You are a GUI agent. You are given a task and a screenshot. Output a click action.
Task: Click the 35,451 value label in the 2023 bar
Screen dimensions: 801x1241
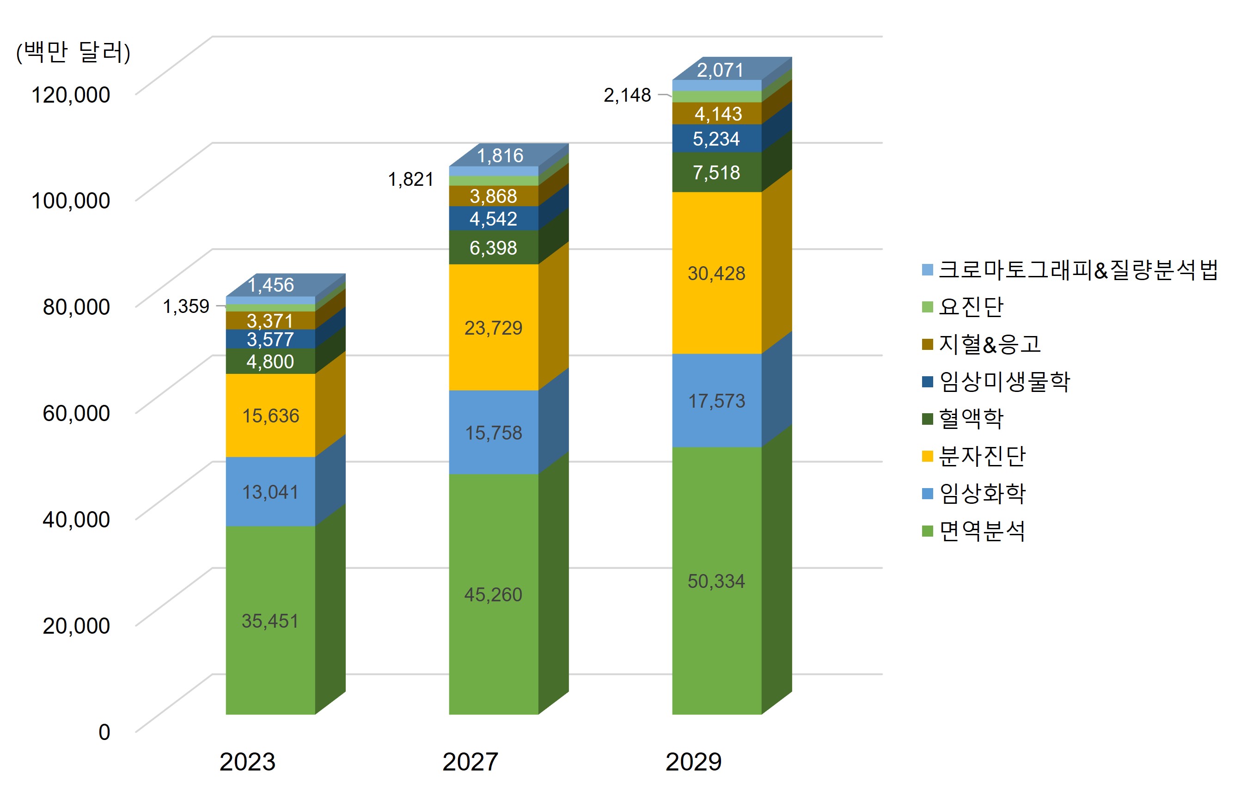tap(270, 621)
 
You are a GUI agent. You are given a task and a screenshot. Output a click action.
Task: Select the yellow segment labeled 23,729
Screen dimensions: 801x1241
tap(493, 328)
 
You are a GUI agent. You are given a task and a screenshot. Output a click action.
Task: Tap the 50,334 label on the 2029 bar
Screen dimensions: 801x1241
tap(716, 581)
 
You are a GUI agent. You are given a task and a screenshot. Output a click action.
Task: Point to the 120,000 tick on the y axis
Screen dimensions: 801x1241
tap(71, 95)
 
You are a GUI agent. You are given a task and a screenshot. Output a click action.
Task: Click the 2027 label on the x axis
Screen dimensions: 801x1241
tap(470, 762)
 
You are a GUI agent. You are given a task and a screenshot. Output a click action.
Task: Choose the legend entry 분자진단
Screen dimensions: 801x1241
tap(982, 456)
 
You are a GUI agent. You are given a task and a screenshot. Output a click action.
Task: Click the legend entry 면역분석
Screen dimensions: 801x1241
tap(982, 531)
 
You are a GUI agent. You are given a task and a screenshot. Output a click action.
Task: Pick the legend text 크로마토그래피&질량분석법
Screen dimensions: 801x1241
tap(1078, 269)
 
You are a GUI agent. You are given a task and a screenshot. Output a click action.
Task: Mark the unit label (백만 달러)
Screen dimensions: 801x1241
tap(73, 52)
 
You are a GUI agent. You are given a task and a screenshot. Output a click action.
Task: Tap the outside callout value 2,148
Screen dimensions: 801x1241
tap(627, 95)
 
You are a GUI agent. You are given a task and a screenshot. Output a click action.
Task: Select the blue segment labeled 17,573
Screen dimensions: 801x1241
tap(716, 401)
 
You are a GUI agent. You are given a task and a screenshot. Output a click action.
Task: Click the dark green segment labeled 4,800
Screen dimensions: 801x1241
tap(270, 361)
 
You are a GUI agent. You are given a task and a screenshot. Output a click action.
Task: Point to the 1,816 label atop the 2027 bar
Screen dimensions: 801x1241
tap(500, 155)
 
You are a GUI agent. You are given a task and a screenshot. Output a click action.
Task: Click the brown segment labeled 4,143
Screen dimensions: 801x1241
tap(718, 114)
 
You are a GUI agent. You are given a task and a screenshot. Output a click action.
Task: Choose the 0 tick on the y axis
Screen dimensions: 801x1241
tap(104, 732)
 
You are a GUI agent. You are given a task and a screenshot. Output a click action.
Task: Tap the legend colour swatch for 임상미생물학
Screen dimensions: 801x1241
tap(927, 382)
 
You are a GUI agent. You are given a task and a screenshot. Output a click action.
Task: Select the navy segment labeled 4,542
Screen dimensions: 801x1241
tap(493, 219)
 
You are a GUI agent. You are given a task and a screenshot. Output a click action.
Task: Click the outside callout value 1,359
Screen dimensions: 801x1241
tap(186, 306)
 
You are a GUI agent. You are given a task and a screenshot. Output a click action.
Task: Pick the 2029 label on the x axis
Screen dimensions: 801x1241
tap(693, 762)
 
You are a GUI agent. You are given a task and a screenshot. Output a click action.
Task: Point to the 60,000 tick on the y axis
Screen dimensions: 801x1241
tap(76, 413)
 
